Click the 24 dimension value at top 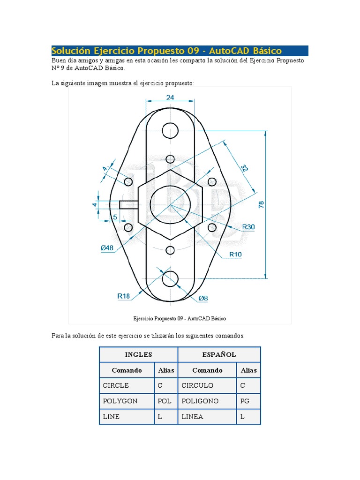pos(170,97)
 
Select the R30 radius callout pos(248,227)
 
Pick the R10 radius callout pos(235,254)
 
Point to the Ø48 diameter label pos(107,248)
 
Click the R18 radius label pos(123,296)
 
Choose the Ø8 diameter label pos(203,298)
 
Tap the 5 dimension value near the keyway pos(114,217)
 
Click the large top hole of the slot pos(170,131)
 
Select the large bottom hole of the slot pos(170,278)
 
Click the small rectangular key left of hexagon pos(129,205)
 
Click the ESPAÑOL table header pos(219,354)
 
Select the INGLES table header pos(138,354)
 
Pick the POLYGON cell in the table pos(120,401)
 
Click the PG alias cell pos(244,401)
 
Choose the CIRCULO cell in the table pos(197,385)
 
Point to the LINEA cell pos(192,417)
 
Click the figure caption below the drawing pos(180,318)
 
